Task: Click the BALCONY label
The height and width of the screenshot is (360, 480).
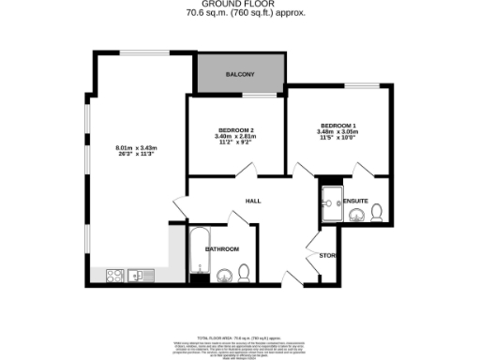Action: [240, 74]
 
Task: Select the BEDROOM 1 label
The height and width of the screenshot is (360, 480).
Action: [337, 125]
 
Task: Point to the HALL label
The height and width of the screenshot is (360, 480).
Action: [253, 202]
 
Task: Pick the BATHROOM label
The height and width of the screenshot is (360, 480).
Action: [223, 248]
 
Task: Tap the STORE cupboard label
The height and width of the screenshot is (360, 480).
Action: [327, 255]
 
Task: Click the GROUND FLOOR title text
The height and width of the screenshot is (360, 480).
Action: [240, 5]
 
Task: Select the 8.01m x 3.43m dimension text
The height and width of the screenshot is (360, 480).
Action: [136, 148]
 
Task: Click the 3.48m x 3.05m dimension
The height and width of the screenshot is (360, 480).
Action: [337, 132]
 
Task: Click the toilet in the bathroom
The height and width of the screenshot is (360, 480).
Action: [243, 273]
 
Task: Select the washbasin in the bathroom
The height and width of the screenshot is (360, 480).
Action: [223, 275]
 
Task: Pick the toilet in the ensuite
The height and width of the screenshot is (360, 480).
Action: [375, 215]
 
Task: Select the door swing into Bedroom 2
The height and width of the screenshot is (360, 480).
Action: [248, 169]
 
